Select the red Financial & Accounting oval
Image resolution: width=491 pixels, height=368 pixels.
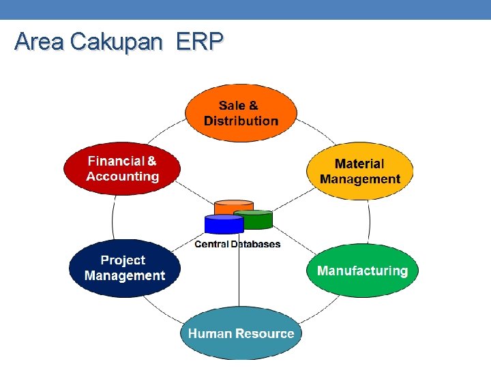(x=122, y=168)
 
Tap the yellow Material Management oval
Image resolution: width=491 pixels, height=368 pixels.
(x=360, y=171)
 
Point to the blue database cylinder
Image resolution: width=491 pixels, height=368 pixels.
(x=224, y=224)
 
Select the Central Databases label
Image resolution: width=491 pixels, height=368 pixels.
(x=237, y=244)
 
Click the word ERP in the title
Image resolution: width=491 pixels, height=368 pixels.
(x=199, y=42)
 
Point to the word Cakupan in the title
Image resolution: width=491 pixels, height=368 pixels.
(x=117, y=42)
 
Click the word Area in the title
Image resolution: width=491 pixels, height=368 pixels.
(x=40, y=42)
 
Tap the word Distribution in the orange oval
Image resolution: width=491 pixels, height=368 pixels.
(x=241, y=121)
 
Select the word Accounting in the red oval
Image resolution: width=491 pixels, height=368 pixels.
(x=122, y=177)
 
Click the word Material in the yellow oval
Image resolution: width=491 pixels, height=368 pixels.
(x=359, y=164)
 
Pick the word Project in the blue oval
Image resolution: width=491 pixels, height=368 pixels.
(x=123, y=260)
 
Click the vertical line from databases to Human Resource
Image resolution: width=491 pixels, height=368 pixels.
(x=239, y=279)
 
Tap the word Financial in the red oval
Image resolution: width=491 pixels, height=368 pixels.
(x=116, y=161)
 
